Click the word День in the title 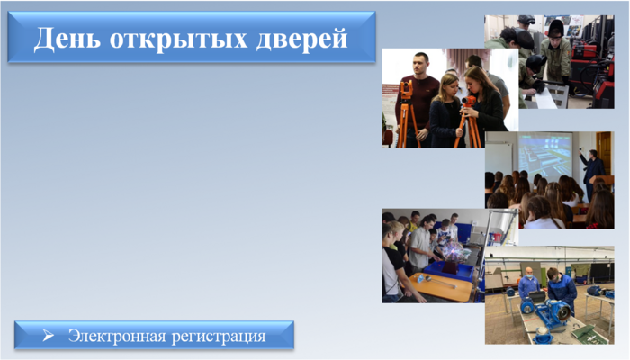click(67, 39)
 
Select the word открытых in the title click(178, 40)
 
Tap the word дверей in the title click(301, 40)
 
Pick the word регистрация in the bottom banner click(219, 337)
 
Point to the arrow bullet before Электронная click(49, 335)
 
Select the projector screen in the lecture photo click(545, 156)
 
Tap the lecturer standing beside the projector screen click(591, 173)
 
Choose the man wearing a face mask click(529, 285)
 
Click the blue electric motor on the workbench click(551, 310)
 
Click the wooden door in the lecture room click(604, 154)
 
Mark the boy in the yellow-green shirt click(414, 221)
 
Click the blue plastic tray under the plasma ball click(450, 271)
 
